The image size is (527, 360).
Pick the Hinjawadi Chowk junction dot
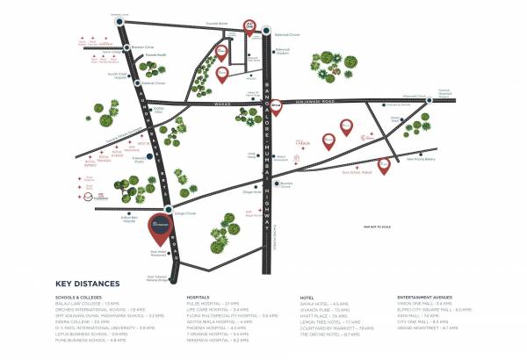429,100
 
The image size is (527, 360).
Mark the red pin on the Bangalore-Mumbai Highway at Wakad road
275,104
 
